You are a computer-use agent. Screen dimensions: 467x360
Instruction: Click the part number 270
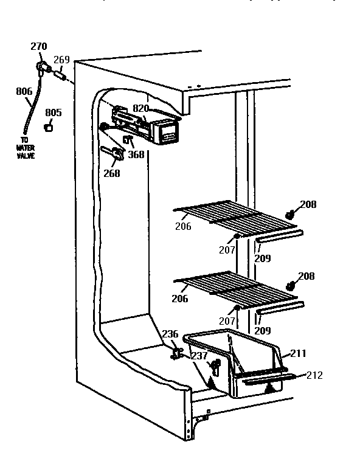click(39, 46)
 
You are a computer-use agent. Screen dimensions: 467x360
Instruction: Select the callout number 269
click(61, 60)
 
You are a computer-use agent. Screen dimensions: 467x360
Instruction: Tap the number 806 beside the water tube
click(24, 92)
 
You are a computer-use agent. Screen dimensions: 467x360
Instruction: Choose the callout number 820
click(140, 108)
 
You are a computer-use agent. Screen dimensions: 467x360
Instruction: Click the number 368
click(136, 154)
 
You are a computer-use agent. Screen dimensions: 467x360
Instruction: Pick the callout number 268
click(111, 173)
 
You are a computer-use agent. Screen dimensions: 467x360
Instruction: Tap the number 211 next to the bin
click(299, 353)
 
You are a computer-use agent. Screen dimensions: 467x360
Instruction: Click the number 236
click(170, 334)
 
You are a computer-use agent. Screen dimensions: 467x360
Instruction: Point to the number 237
click(199, 356)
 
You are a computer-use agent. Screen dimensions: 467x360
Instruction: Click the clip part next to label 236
click(177, 353)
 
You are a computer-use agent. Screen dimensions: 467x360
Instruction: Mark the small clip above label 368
click(128, 140)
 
